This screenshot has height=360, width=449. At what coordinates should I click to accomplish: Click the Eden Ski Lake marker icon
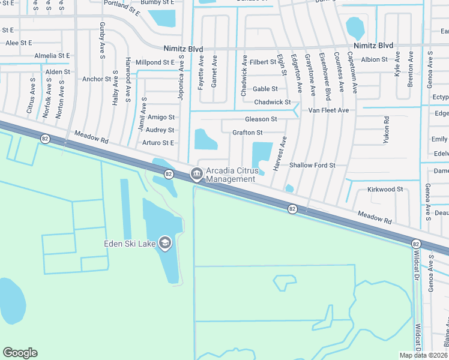coord(165,243)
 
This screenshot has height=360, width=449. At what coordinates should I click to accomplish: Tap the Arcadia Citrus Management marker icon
coord(196,174)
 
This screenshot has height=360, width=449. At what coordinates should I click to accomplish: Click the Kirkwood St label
coord(385,189)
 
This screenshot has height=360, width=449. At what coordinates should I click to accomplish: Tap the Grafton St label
coord(247,132)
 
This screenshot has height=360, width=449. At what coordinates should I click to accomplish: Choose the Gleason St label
coord(261,119)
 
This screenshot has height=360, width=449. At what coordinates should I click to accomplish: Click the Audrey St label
coord(160,130)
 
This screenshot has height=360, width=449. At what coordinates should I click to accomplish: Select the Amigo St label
coord(161,117)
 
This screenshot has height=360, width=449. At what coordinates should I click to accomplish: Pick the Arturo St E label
coord(158,143)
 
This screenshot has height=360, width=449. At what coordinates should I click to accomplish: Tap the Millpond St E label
coord(155,62)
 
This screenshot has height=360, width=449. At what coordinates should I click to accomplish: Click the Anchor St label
coord(97,79)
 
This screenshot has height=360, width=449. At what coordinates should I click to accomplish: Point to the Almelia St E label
coord(52,55)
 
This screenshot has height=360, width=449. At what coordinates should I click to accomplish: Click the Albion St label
coord(374,59)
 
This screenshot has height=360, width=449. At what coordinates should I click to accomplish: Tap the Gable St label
coord(265,89)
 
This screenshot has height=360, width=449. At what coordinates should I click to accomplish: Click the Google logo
coord(20,353)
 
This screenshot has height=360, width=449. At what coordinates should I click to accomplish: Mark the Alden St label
coord(58,72)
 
